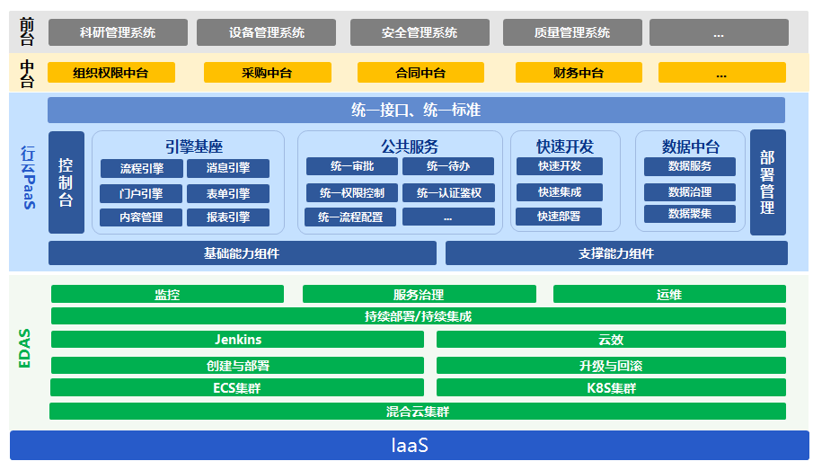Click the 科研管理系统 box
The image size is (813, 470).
point(117,32)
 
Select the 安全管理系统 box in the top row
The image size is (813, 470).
point(419,32)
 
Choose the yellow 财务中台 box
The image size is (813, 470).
point(578,73)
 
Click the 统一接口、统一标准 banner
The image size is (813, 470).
point(416,110)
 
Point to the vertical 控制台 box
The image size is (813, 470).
point(66,182)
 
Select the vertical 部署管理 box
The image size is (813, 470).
point(767,182)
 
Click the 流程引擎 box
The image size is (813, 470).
point(141,168)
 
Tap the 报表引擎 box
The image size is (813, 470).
point(228,217)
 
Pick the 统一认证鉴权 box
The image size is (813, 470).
point(448,192)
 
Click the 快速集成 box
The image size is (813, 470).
point(559,191)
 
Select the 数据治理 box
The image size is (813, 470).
point(689,191)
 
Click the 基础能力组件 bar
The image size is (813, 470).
point(242,253)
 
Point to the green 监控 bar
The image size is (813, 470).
point(167,294)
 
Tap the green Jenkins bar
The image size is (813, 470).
point(238,339)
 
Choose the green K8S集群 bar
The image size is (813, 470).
point(611,388)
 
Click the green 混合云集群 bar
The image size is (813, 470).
point(418,412)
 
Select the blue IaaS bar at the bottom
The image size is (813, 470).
point(409,445)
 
